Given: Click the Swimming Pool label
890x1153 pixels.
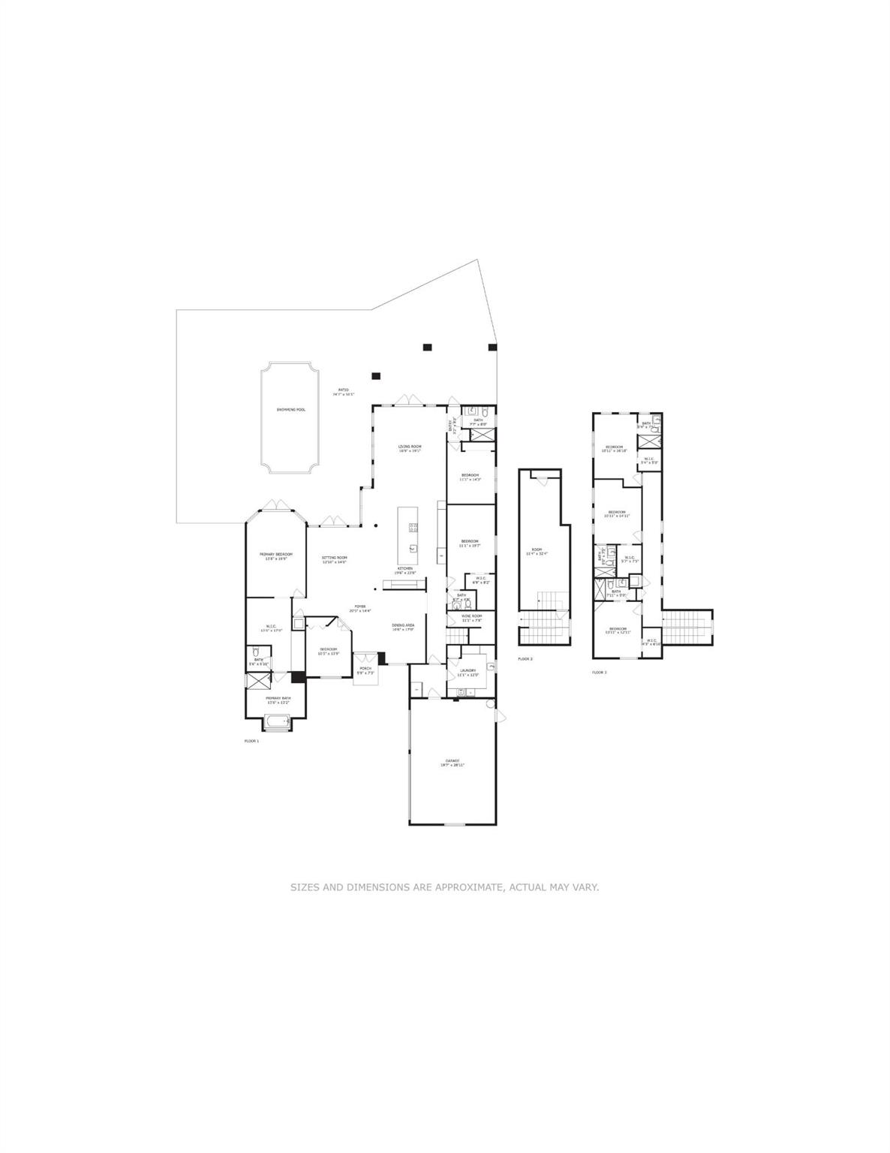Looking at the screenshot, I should [290, 409].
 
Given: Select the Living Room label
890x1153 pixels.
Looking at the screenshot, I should [409, 448].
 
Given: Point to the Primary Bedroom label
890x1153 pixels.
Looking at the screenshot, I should [275, 556].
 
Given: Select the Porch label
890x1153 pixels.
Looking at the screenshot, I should [365, 670].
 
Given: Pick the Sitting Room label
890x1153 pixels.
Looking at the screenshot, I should [334, 559].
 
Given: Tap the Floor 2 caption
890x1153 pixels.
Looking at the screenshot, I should [525, 658].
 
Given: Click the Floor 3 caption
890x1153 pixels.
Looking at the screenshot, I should [599, 672].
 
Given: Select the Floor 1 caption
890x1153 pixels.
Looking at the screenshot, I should [251, 741].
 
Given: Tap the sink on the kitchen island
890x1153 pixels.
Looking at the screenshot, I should [412, 548].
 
